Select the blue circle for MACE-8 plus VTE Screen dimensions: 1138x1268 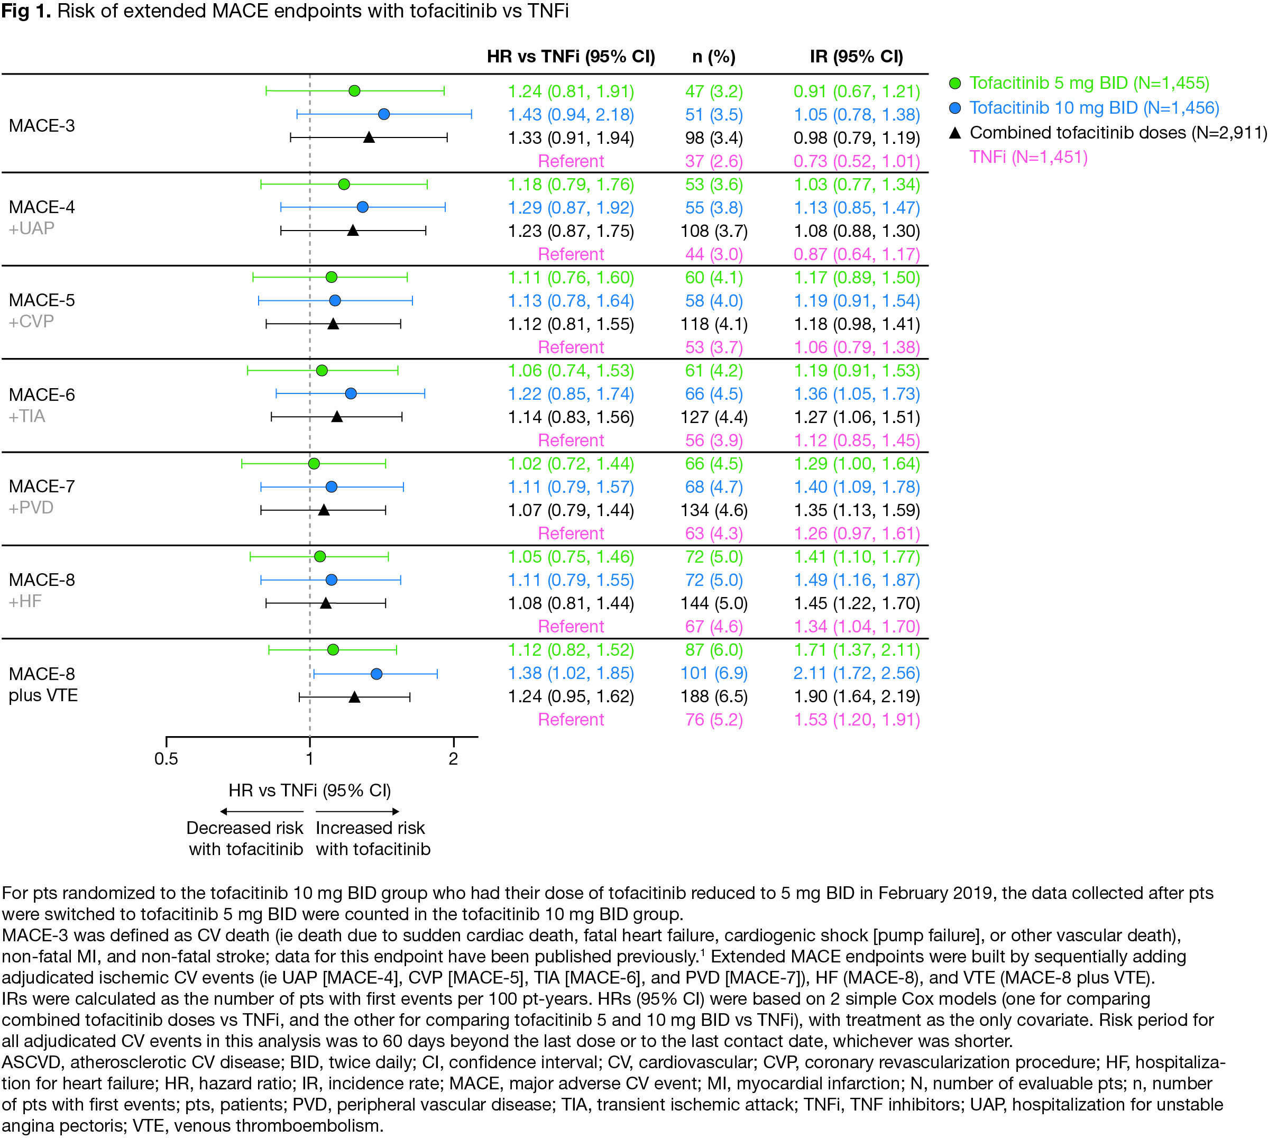click(376, 673)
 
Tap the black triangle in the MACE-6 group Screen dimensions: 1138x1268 click(337, 416)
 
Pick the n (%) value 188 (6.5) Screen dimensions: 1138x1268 click(713, 696)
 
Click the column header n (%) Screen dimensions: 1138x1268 click(713, 57)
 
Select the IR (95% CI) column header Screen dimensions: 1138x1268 click(856, 57)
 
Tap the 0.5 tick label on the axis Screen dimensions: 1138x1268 click(167, 758)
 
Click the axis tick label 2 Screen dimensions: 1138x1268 click(453, 758)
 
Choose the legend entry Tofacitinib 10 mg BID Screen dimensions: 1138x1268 click(1094, 108)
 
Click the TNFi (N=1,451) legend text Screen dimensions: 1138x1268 click(1028, 157)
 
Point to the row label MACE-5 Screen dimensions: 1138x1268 click(42, 300)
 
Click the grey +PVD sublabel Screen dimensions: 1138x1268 click(31, 508)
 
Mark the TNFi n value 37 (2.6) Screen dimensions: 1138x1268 click(713, 161)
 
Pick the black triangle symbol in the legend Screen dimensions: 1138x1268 click(955, 133)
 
